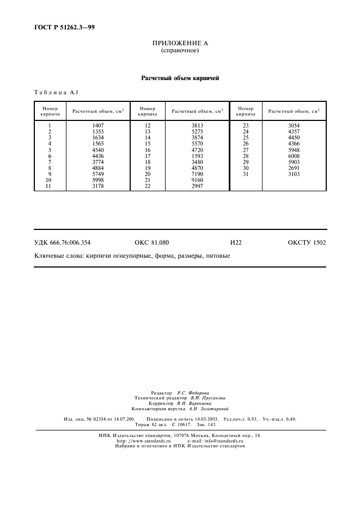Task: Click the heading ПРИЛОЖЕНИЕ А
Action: [x=179, y=43]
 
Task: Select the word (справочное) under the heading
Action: [x=179, y=51]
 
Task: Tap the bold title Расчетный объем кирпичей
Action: [x=180, y=78]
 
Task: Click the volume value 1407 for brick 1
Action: [x=98, y=126]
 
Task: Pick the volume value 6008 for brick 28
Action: [x=294, y=156]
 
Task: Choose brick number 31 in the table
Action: [x=245, y=174]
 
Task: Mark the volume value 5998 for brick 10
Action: [x=98, y=180]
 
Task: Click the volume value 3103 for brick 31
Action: [x=294, y=174]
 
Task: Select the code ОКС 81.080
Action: [x=151, y=242]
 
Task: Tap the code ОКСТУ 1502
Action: [x=307, y=242]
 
